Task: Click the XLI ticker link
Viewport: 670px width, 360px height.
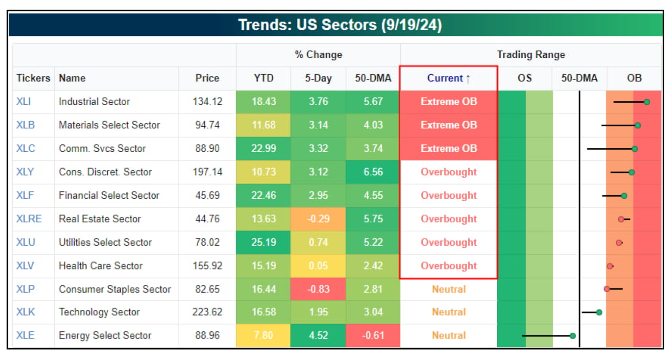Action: click(23, 102)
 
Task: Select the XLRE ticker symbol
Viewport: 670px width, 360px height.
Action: click(29, 219)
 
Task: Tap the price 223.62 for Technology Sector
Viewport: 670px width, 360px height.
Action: click(207, 312)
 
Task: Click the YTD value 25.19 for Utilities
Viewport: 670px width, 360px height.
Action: click(263, 242)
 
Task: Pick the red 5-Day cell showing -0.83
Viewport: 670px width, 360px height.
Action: click(318, 289)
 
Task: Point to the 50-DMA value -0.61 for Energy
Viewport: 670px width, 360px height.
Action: click(373, 336)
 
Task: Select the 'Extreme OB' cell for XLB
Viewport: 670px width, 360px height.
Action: click(448, 125)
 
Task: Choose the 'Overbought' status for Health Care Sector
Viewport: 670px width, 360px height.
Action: click(448, 266)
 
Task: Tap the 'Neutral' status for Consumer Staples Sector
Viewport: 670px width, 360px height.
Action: click(448, 289)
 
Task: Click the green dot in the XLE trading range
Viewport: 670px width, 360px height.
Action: click(572, 336)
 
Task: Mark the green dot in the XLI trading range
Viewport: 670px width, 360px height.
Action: click(647, 102)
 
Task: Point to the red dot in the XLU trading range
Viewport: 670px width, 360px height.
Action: click(619, 242)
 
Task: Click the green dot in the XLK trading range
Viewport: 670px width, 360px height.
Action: click(599, 312)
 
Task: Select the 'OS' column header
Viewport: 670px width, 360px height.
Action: click(524, 78)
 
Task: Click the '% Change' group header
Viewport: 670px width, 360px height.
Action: click(318, 55)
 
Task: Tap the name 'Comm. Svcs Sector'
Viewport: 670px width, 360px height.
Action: click(102, 149)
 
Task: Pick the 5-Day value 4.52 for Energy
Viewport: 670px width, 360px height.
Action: click(318, 336)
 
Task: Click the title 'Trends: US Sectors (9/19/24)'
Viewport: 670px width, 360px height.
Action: click(340, 25)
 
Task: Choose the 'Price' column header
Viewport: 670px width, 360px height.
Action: click(207, 78)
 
